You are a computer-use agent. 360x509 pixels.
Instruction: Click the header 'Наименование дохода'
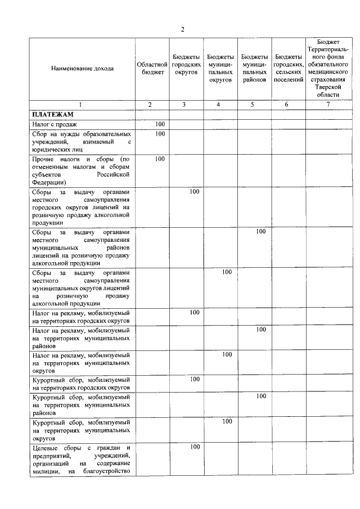pos(82,68)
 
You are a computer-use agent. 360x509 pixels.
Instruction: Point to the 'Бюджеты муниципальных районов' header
pos(254,68)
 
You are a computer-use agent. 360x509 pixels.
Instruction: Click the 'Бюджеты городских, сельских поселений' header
pos(288,68)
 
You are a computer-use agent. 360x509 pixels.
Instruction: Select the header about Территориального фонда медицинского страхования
pos(328,68)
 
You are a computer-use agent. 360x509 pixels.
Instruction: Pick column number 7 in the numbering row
pos(328,105)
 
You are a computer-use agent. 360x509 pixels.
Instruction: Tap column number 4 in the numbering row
pos(220,105)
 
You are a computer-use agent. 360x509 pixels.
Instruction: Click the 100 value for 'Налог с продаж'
pos(160,124)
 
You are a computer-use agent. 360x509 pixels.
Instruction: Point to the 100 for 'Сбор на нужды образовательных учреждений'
pos(160,134)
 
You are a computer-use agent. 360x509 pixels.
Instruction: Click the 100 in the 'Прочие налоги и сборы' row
pos(160,159)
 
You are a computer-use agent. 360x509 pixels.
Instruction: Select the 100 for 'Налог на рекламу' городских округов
pos(195,312)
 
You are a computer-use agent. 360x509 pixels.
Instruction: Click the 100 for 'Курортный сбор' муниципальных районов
pos(260,396)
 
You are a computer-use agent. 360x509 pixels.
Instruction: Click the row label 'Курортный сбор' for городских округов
pos(82,383)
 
